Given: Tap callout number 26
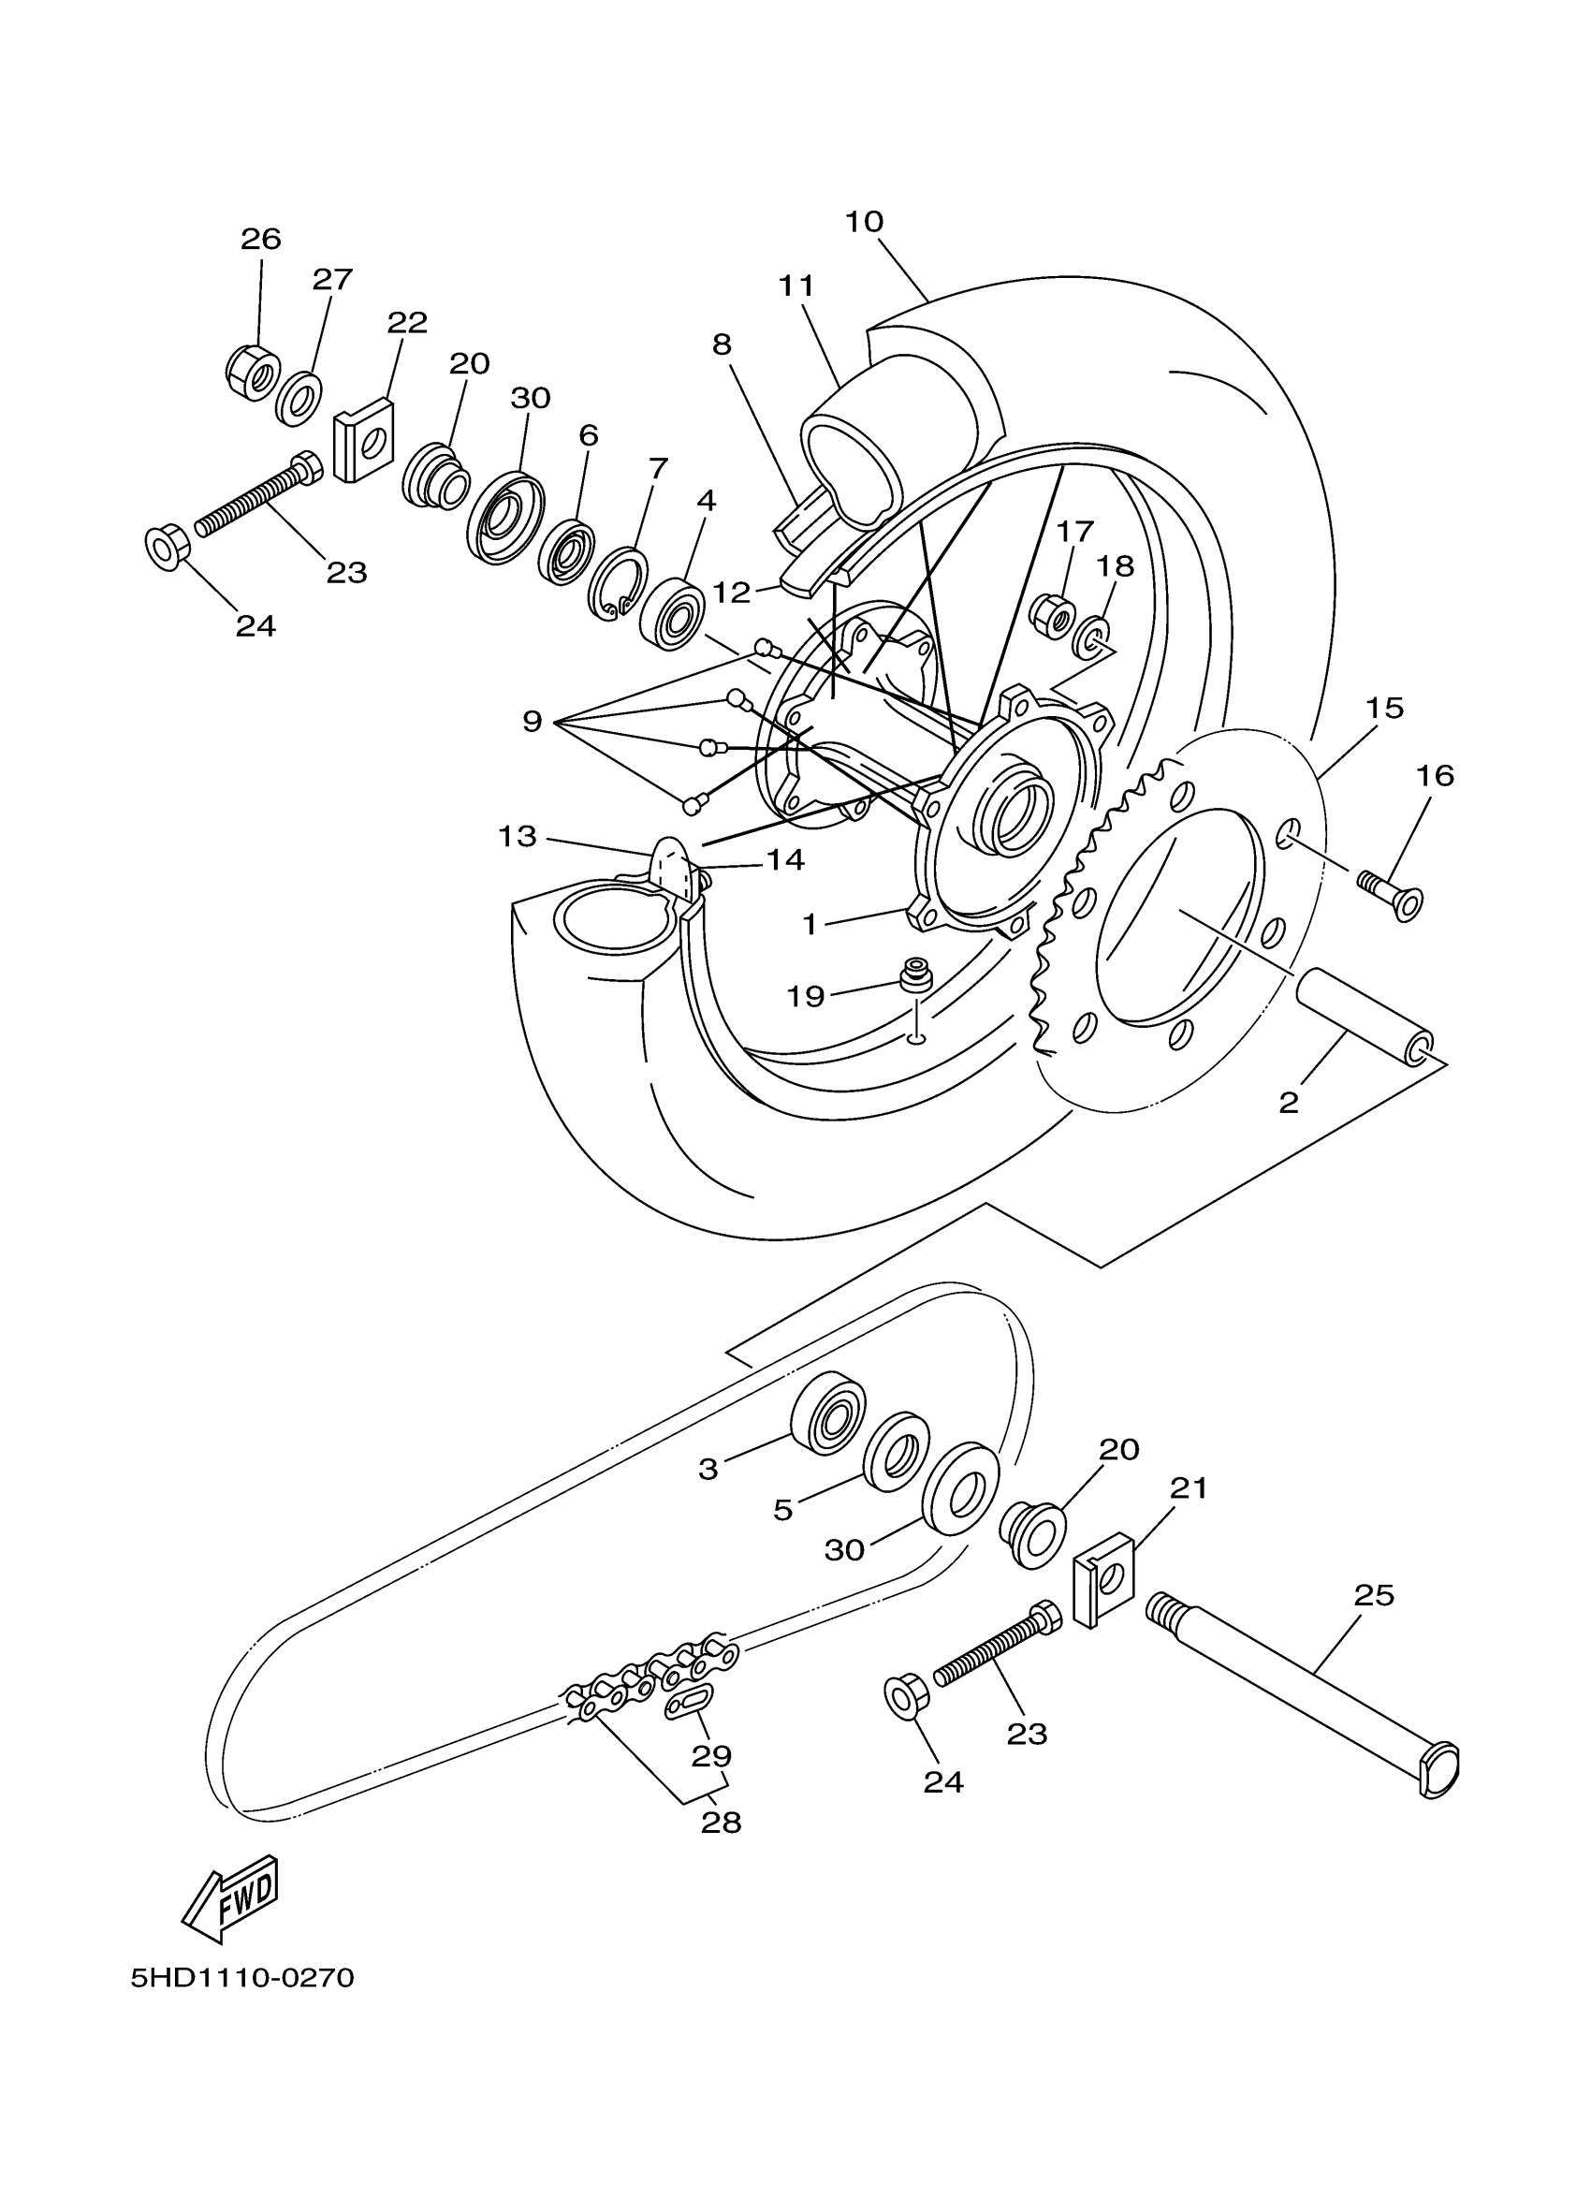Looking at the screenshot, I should (260, 240).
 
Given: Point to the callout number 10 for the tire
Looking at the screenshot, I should (864, 222).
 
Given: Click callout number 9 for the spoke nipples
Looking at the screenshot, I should (532, 721).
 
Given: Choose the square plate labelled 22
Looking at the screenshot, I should (363, 442).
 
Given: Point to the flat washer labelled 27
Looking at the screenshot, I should (299, 397).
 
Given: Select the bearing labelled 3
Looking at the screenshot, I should (828, 1419).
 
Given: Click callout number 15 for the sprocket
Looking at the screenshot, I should (1385, 708).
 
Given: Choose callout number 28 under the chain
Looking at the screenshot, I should (722, 1823).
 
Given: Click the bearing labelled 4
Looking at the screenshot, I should (672, 614).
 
